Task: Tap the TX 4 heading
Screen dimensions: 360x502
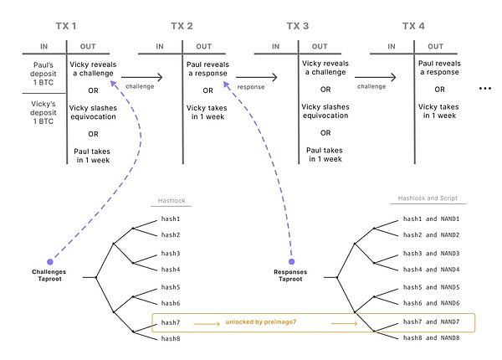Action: pos(413,26)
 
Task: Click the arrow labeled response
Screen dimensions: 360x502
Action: pos(254,76)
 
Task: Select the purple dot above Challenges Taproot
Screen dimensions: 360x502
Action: pos(50,261)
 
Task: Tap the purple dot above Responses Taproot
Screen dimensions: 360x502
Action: pos(291,261)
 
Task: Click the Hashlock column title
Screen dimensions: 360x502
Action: pos(172,201)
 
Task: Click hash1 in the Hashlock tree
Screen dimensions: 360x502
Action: pos(171,219)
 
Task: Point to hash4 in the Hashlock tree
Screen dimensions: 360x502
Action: pos(171,269)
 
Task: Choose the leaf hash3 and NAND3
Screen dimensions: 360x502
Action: pos(432,253)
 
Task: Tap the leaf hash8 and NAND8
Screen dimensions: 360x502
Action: pos(432,337)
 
